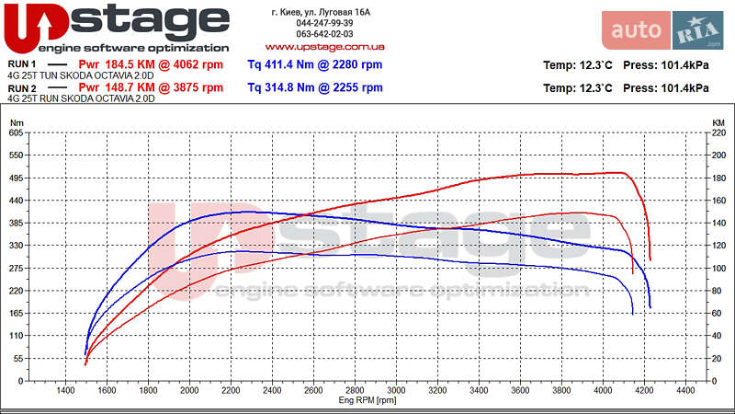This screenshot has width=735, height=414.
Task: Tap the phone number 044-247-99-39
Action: click(x=321, y=23)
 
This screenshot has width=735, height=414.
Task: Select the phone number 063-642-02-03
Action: click(x=321, y=34)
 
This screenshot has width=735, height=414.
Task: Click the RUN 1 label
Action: click(x=22, y=64)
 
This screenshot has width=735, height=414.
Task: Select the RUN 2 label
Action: click(x=22, y=88)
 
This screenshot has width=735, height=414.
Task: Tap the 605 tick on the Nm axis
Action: click(x=15, y=133)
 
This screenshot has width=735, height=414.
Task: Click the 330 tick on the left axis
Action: click(x=15, y=246)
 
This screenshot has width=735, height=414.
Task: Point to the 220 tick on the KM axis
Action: click(x=718, y=133)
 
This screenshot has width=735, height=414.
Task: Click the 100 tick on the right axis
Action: click(x=718, y=269)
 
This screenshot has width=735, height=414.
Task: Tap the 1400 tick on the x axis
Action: click(x=66, y=391)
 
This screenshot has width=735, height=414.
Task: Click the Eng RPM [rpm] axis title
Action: click(x=367, y=400)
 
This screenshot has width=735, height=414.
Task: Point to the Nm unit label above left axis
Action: click(x=16, y=122)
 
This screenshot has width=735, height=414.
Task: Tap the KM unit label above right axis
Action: click(x=718, y=122)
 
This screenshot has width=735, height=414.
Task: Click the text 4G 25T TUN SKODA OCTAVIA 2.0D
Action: click(x=81, y=75)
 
